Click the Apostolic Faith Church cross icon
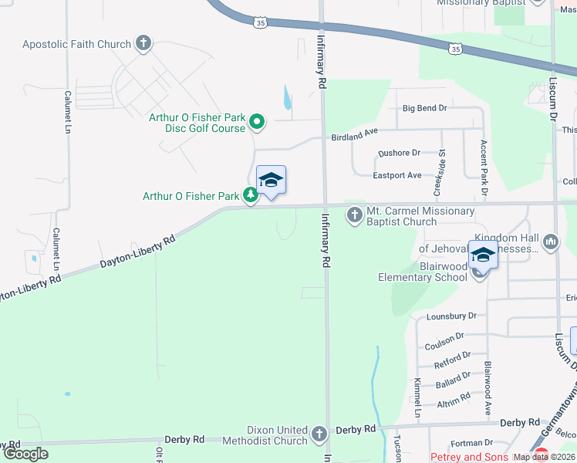[143, 44]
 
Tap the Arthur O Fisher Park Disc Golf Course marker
[258, 122]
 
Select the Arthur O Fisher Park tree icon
[251, 196]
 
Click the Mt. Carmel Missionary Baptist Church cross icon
[355, 215]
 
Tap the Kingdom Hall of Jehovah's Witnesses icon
[551, 242]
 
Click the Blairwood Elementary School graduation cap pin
[483, 255]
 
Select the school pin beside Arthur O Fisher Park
[271, 181]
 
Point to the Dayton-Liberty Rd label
[137, 252]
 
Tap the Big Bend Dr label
[424, 108]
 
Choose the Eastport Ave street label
[397, 175]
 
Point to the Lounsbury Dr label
[451, 316]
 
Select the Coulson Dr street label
[444, 336]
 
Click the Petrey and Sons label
[469, 457]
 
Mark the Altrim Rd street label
[453, 398]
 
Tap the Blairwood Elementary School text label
[423, 272]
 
